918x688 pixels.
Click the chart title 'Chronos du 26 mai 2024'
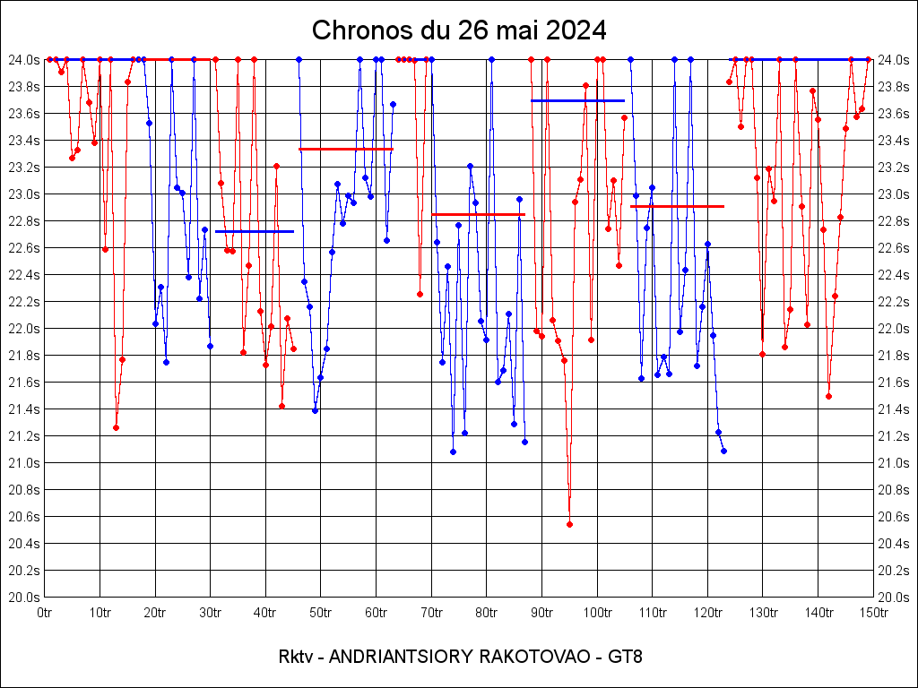coord(459,30)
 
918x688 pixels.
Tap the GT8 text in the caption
coord(625,657)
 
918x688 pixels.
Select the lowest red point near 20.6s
coord(569,524)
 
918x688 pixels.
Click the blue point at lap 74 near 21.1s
coord(453,451)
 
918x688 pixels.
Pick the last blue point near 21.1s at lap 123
coord(723,451)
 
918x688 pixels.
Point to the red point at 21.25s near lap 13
coord(116,427)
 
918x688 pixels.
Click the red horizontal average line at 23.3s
coord(346,149)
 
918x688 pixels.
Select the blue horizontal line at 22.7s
coord(255,231)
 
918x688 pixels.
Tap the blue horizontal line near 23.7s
coord(577,100)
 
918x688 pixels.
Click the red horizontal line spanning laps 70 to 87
coord(478,214)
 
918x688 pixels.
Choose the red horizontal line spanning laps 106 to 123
coord(677,206)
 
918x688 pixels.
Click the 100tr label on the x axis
coord(597,613)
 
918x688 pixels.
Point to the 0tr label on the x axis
coord(44,613)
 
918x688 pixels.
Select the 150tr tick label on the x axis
coord(873,613)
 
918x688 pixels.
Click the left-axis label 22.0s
coord(23,328)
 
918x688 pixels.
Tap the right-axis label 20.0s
coord(895,597)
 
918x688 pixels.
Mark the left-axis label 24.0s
coord(23,59)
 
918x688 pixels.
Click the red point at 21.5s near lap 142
coord(828,396)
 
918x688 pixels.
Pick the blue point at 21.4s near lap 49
coord(315,410)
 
